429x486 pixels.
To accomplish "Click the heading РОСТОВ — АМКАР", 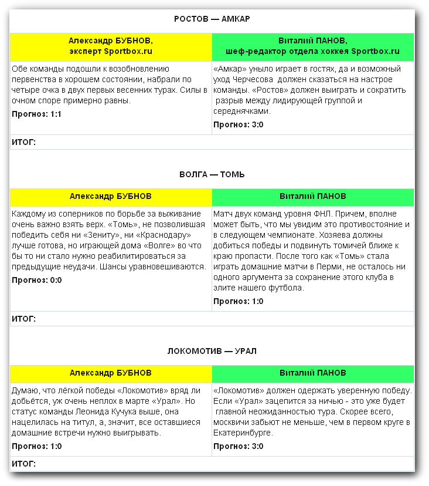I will point(212,19).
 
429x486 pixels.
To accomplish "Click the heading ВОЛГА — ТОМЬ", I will point(212,175).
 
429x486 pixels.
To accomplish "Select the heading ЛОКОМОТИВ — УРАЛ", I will point(212,352).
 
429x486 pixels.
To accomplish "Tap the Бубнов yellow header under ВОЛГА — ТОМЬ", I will point(111,196).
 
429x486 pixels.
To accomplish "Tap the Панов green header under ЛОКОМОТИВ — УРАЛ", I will point(312,373).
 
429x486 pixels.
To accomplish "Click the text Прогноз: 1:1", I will point(36,114).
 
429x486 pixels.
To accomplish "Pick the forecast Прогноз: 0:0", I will point(36,280).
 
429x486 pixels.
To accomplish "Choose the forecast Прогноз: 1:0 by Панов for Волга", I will point(238,301).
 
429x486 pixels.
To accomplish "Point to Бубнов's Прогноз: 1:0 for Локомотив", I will point(36,446).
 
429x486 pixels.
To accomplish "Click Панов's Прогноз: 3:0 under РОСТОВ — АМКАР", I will point(238,124).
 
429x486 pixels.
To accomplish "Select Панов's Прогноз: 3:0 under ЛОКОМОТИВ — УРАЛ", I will point(238,446).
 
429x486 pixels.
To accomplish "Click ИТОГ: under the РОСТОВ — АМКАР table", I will point(23,142).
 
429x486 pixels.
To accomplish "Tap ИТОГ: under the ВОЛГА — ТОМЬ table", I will point(23,319).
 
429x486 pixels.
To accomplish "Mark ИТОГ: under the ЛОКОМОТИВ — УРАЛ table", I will point(23,464).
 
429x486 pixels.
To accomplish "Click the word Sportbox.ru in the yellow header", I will point(128,52).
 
